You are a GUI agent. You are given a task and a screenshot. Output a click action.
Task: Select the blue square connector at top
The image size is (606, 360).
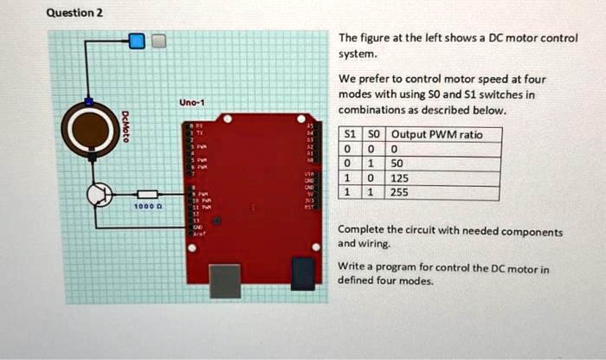[x=137, y=41]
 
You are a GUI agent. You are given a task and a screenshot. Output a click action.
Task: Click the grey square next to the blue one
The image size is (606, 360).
[x=158, y=41]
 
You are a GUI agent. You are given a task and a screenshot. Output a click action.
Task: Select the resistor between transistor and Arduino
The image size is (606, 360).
[x=146, y=195]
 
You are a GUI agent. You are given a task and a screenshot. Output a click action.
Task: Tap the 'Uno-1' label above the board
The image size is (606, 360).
[x=190, y=103]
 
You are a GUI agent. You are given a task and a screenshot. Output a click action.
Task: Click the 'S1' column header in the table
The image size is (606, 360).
[x=349, y=134]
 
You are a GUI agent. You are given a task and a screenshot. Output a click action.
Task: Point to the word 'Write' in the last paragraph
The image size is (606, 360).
[x=352, y=269]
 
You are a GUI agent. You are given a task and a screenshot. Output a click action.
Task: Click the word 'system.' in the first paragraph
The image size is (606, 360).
[x=358, y=53]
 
